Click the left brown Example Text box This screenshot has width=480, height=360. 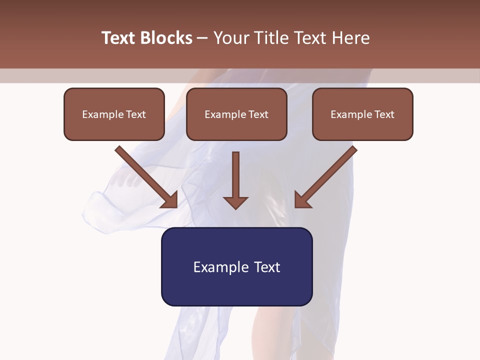pyautogui.click(x=114, y=114)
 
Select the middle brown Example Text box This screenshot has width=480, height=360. pyautogui.click(x=236, y=114)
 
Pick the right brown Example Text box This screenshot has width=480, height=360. pyautogui.click(x=362, y=114)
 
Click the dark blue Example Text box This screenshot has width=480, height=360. pyautogui.click(x=236, y=266)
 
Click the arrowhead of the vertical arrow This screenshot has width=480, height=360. pyautogui.click(x=235, y=202)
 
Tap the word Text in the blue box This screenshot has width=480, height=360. pyautogui.click(x=267, y=267)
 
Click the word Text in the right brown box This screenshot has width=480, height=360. pyautogui.click(x=384, y=114)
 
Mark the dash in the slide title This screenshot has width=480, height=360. pyautogui.click(x=202, y=38)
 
